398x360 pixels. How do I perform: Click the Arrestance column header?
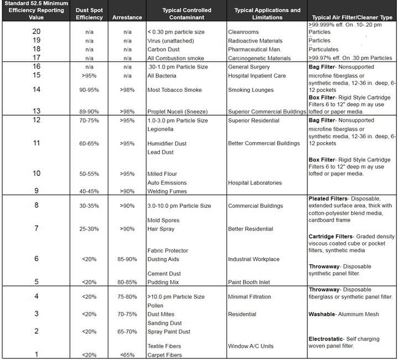point(127,18)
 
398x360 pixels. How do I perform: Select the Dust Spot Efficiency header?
point(90,14)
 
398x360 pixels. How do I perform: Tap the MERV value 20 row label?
point(36,32)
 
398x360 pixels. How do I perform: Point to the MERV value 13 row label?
point(36,111)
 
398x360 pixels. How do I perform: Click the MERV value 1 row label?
point(36,354)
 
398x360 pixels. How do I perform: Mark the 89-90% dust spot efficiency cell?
point(90,112)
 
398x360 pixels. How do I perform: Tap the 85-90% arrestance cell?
point(127,259)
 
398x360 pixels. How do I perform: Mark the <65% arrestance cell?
point(127,355)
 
